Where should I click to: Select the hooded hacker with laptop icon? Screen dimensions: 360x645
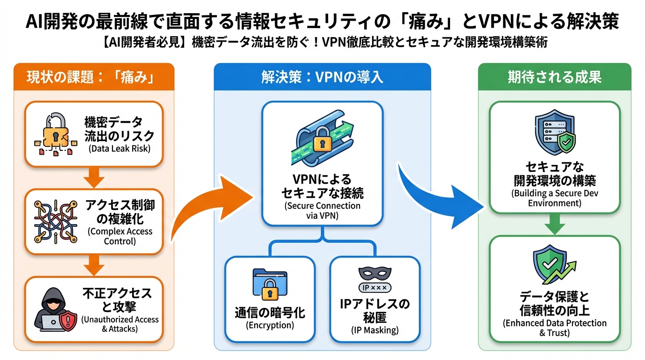(54, 309)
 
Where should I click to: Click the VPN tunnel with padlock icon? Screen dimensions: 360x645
(322, 136)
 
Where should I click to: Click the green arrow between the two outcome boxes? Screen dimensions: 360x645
(555, 225)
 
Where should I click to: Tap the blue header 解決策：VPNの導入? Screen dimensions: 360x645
(322, 77)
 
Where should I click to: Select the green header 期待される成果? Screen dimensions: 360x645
(555, 77)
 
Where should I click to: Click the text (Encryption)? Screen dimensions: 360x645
(270, 325)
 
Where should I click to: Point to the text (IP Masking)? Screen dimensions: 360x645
(375, 330)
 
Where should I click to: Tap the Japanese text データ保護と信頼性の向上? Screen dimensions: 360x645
(555, 304)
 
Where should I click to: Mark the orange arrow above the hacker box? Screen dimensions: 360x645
(93, 266)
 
